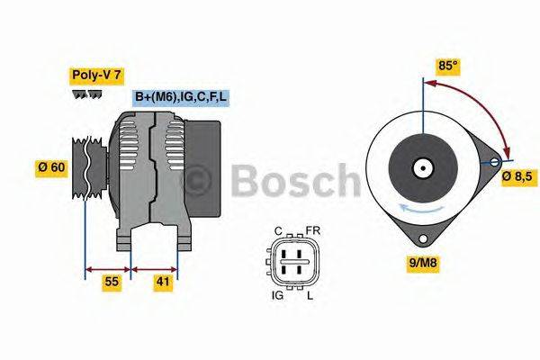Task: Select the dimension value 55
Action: tap(112, 283)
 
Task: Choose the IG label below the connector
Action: tap(278, 294)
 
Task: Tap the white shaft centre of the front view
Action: tap(421, 168)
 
